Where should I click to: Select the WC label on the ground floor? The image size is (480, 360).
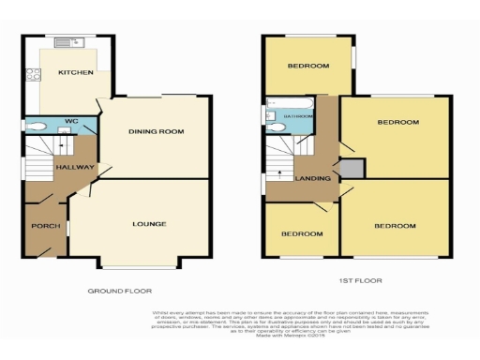[x=70, y=120]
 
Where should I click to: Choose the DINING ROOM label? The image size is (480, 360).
[x=155, y=132]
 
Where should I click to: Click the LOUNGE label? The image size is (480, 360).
[x=149, y=224]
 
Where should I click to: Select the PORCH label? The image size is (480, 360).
[x=45, y=226]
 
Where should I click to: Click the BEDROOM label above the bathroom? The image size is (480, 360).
[x=308, y=66]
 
